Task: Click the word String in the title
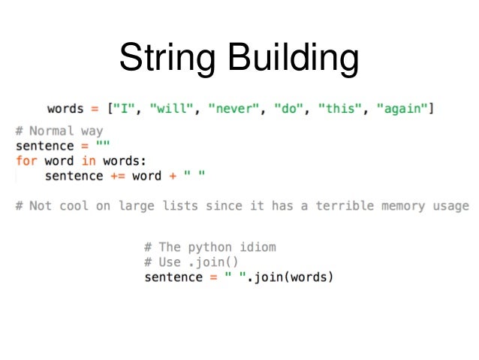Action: click(x=168, y=59)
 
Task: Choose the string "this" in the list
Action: click(x=339, y=109)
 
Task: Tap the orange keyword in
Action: click(x=89, y=161)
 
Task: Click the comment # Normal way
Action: click(x=59, y=131)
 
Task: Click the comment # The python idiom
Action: click(x=210, y=247)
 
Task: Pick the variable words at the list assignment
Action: click(x=66, y=109)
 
